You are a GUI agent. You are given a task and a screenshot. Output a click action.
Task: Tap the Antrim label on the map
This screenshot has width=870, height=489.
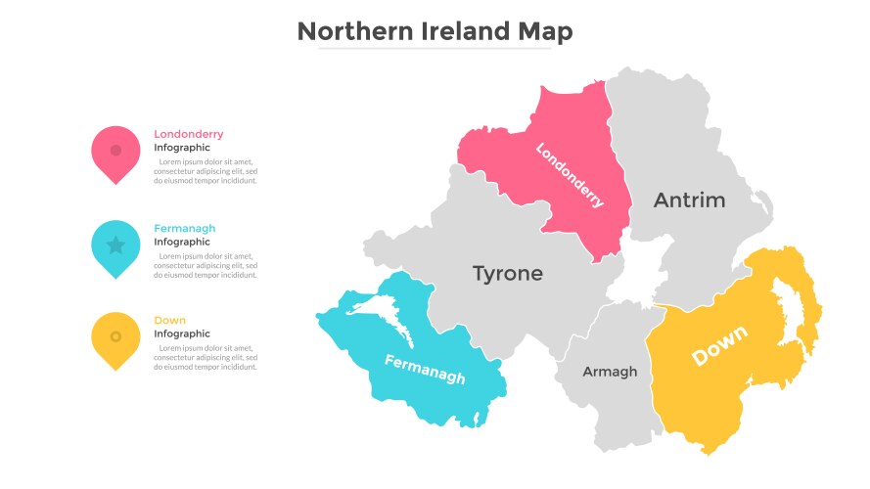pos(690,200)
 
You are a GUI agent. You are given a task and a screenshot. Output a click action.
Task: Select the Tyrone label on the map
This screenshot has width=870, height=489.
pos(507,273)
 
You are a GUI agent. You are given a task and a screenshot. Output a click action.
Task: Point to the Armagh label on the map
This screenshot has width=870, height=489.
pos(610,372)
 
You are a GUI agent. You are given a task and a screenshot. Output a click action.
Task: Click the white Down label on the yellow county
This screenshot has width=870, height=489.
pos(719,345)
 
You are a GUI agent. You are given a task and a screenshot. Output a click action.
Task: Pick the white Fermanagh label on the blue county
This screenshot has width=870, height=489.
pos(425,369)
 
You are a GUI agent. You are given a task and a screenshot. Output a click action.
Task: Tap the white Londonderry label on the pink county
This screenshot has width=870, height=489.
pos(570,175)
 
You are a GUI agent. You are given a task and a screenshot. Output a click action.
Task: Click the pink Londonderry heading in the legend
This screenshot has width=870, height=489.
pos(188,134)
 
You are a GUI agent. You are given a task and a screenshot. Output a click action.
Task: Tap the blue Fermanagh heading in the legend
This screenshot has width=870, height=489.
pos(184,228)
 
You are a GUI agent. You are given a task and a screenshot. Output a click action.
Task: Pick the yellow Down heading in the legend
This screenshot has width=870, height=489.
pos(169,321)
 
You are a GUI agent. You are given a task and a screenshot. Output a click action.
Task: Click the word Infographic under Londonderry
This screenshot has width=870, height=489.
pos(182,148)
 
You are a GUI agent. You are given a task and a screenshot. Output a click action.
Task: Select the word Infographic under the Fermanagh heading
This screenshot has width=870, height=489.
pos(182,242)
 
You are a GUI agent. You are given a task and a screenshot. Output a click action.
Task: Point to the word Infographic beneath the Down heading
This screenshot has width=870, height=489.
pos(182,334)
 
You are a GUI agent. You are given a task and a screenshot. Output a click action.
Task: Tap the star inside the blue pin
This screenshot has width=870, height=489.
pos(115,244)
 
